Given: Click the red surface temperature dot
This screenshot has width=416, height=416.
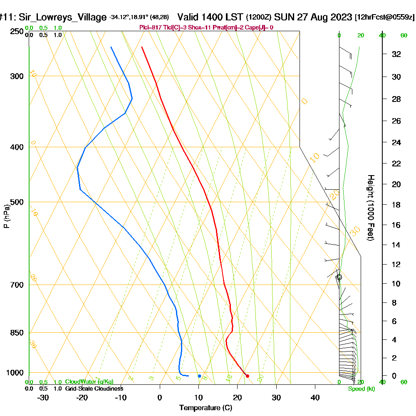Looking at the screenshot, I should [248, 376].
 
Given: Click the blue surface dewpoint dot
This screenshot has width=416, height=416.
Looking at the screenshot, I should [200, 376].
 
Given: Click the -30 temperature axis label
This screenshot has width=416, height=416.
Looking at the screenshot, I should [43, 398].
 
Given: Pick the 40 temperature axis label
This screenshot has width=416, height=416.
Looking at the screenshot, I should [315, 398].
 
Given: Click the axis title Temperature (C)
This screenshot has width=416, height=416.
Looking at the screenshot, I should [206, 408].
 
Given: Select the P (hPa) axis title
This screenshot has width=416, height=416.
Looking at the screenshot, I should [6, 216].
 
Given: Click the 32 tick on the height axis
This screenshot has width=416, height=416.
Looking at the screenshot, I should [396, 54].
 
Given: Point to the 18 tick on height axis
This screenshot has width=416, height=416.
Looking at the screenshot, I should [396, 205].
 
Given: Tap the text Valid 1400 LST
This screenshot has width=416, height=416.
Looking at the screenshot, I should [210, 17].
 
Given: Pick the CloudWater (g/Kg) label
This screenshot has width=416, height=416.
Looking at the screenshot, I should [89, 382].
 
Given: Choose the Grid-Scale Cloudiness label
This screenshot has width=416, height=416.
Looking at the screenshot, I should [94, 389].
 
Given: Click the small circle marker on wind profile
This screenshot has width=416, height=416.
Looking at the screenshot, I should [339, 277].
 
